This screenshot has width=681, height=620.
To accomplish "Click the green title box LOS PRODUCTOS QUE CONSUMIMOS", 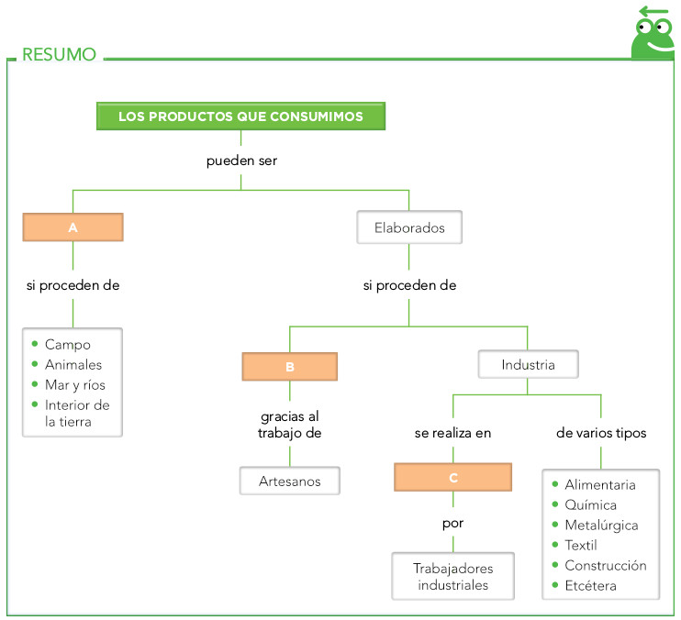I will pyautogui.click(x=240, y=116).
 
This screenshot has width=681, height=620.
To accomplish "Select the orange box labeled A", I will pyautogui.click(x=73, y=227).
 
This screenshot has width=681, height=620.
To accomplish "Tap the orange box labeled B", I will pyautogui.click(x=290, y=367).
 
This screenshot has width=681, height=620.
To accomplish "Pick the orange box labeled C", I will pyautogui.click(x=452, y=478).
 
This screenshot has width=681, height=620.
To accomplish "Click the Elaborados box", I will pyautogui.click(x=408, y=227).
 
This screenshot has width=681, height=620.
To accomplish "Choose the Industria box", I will pyautogui.click(x=528, y=364).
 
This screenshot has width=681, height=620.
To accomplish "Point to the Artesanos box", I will pyautogui.click(x=290, y=481).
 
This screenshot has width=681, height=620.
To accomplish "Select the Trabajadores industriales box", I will pyautogui.click(x=452, y=577).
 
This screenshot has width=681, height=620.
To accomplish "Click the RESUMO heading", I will pyautogui.click(x=59, y=54).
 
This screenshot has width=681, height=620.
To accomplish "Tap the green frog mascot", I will pyautogui.click(x=653, y=35).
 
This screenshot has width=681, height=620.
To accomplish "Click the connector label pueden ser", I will pyautogui.click(x=240, y=161).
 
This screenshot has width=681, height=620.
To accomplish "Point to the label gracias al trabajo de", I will pyautogui.click(x=290, y=425).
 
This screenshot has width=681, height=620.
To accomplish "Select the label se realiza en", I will pyautogui.click(x=452, y=433).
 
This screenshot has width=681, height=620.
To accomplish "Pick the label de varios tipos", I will pyautogui.click(x=601, y=433).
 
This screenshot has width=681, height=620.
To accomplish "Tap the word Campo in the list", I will pyautogui.click(x=68, y=344).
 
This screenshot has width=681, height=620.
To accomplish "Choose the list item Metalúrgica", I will pyautogui.click(x=601, y=525).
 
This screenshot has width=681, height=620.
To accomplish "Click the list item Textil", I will pyautogui.click(x=581, y=545).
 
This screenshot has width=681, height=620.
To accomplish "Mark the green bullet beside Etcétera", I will pyautogui.click(x=555, y=585).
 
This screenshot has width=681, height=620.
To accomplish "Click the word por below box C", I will pyautogui.click(x=452, y=524).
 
